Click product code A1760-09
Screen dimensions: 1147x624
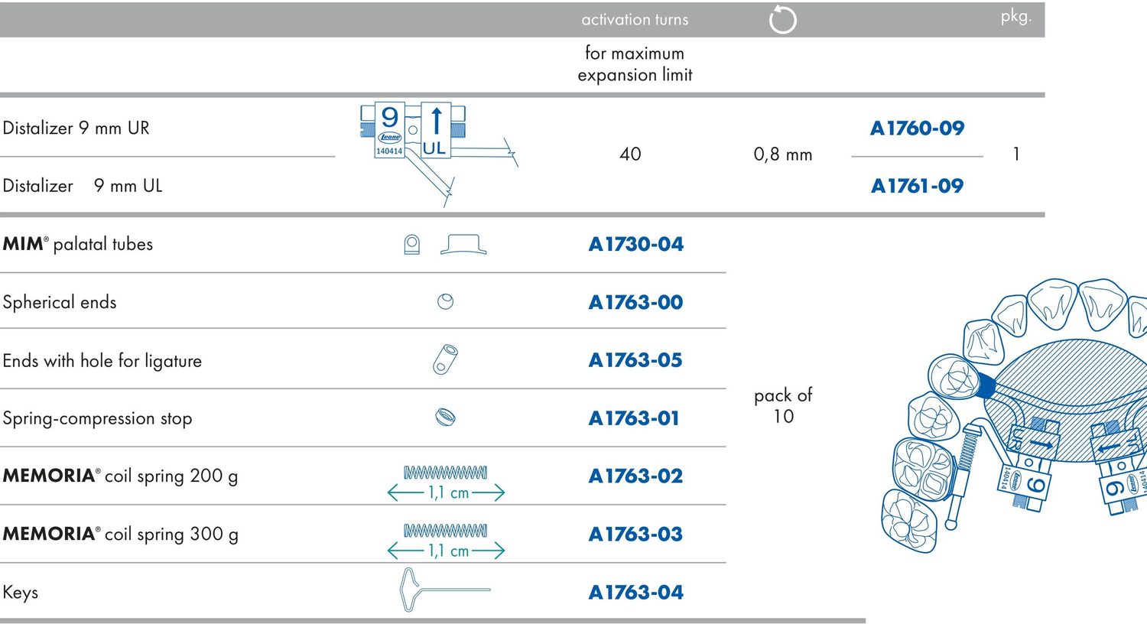click(x=917, y=128)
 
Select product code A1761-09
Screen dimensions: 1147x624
click(x=917, y=186)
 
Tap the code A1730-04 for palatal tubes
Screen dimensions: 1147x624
click(x=636, y=244)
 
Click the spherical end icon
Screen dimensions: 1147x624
click(x=446, y=301)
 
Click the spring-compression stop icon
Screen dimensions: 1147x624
click(x=446, y=418)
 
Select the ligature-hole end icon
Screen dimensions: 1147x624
click(x=445, y=359)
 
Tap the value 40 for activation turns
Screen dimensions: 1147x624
click(x=630, y=154)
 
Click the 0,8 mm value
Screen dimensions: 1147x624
click(x=783, y=154)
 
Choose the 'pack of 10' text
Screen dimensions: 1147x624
click(x=783, y=405)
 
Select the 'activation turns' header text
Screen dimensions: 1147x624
click(x=635, y=19)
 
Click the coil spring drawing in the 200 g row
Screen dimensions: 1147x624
click(x=446, y=472)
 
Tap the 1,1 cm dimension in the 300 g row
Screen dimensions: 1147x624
click(x=448, y=551)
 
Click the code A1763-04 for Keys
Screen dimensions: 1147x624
click(x=636, y=592)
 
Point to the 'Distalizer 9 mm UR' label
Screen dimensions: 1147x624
click(x=76, y=128)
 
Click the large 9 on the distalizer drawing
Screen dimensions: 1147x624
click(x=390, y=117)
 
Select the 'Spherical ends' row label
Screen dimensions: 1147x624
click(x=60, y=302)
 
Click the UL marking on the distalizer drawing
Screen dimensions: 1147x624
click(x=434, y=148)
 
